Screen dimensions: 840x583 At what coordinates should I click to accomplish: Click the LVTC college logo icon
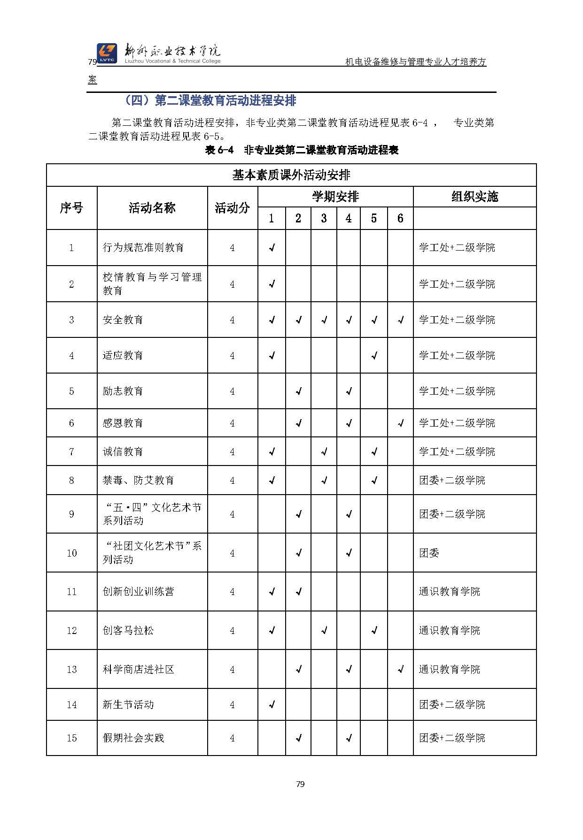(107, 53)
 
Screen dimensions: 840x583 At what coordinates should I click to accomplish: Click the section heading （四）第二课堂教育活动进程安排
(210, 100)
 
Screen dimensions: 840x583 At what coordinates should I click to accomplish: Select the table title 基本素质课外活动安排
(291, 175)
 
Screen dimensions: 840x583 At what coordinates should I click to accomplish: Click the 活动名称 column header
(152, 208)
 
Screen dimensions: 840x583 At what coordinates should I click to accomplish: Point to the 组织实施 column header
(474, 197)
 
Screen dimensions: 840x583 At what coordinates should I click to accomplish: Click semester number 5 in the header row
(373, 218)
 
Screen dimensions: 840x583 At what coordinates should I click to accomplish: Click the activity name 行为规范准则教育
(143, 247)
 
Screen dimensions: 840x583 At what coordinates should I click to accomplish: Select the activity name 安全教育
(123, 320)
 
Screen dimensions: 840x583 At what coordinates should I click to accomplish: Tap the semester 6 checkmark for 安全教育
(401, 320)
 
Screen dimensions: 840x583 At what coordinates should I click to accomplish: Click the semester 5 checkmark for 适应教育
(374, 356)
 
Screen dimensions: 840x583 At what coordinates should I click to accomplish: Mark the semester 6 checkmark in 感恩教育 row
(401, 423)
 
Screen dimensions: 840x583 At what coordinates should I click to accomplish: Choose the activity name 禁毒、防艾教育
(139, 480)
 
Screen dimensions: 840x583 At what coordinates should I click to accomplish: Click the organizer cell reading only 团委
(429, 553)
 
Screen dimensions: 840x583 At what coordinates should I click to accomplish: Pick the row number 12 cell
(71, 630)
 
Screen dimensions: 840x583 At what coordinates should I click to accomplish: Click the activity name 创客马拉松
(128, 630)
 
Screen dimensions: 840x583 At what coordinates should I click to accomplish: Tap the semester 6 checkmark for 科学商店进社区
(401, 669)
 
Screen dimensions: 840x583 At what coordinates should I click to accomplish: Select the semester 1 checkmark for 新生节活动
(272, 704)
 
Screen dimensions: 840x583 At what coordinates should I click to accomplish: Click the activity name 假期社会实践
(133, 738)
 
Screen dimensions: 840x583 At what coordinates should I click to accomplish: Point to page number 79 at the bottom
(301, 784)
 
